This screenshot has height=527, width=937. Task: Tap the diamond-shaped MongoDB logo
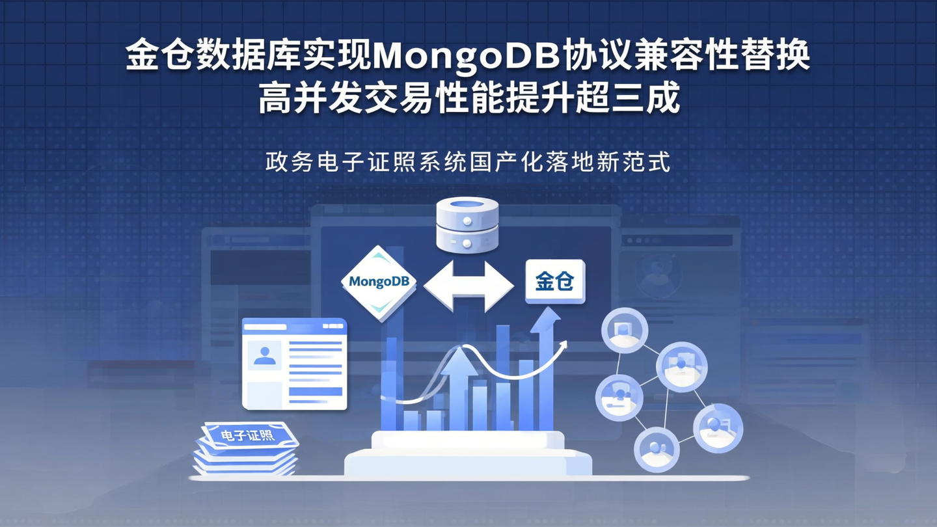pyautogui.click(x=379, y=282)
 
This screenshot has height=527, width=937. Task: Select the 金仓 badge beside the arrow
pyautogui.click(x=555, y=282)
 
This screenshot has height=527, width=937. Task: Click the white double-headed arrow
pyautogui.click(x=468, y=286)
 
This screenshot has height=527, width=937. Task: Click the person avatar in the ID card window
pyautogui.click(x=264, y=355)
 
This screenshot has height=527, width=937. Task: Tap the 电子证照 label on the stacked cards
pyautogui.click(x=248, y=435)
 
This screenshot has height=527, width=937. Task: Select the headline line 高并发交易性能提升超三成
pyautogui.click(x=468, y=100)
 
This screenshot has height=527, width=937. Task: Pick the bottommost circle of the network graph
pyautogui.click(x=657, y=448)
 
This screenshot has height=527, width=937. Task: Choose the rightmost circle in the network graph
pyautogui.click(x=718, y=427)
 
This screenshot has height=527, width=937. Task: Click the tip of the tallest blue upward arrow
pyautogui.click(x=545, y=315)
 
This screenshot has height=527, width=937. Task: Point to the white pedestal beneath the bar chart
pyautogui.click(x=467, y=455)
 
